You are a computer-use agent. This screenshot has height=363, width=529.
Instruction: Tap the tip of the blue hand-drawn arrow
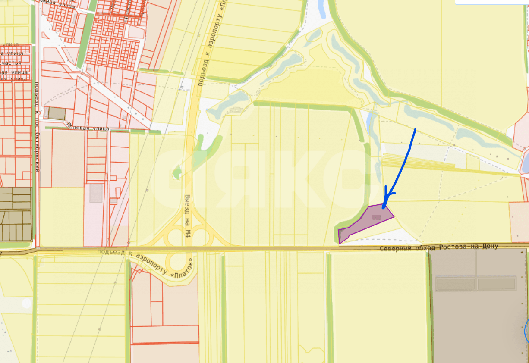pos(384,207)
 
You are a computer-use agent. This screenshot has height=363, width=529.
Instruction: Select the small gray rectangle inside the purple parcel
pos(376,217)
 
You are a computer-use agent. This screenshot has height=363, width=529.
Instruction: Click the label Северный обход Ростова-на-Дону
pos(439,247)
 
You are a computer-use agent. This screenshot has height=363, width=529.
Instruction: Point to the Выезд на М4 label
pos(188,220)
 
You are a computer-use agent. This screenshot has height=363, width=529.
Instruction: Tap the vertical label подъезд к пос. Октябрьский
pos(37,127)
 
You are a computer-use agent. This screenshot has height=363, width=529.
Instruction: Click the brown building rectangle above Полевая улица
pos(57,114)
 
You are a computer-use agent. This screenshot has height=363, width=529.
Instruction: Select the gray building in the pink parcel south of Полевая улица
pos(96,193)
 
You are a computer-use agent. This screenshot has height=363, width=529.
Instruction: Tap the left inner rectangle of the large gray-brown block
pos(456,284)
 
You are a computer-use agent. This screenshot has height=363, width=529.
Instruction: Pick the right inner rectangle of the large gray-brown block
pos(497,284)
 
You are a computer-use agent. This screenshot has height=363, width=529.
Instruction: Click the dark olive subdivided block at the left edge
pos(16,214)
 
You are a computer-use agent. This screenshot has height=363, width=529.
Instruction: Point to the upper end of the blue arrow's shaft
pos(415,129)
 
